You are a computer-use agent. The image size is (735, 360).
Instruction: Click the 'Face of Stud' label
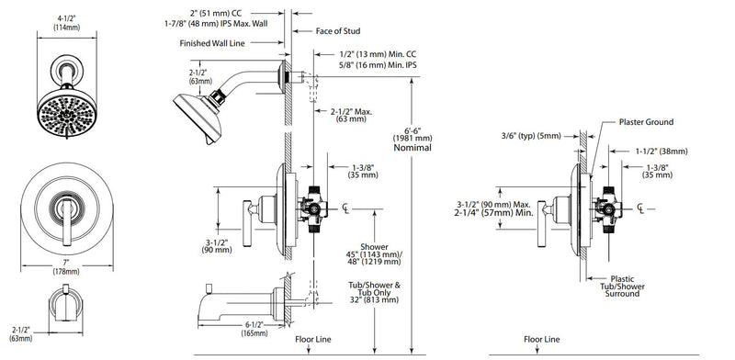pos(337,31)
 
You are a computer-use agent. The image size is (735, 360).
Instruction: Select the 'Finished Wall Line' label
pos(212,43)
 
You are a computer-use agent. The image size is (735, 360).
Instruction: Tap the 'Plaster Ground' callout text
pos(646,122)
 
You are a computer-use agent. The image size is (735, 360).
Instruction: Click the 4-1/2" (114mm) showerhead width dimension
pos(66,22)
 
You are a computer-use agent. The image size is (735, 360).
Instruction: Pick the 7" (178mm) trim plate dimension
pos(66,266)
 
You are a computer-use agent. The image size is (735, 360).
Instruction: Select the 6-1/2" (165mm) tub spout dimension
pos(254,330)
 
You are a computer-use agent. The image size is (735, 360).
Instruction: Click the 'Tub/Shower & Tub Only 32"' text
pos(374,292)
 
